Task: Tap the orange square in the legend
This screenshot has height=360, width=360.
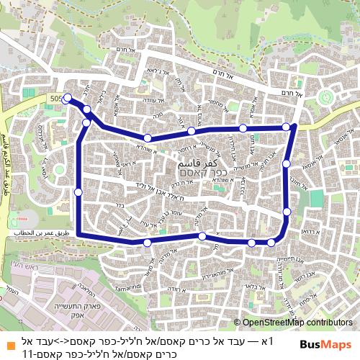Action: (8, 338)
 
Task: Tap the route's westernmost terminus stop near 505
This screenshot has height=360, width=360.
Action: (68, 98)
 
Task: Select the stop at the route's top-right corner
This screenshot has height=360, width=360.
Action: (286, 127)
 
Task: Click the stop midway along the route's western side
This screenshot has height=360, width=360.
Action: (78, 192)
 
